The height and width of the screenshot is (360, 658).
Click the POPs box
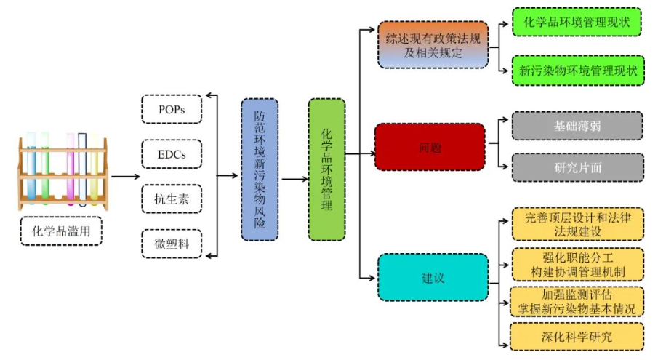tap(171, 109)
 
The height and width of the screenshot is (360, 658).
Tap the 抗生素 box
tap(171, 199)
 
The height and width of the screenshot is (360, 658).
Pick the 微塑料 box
tap(171, 244)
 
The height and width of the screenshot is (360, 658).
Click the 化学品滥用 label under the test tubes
tap(62, 231)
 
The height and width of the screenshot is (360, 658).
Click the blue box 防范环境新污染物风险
tap(260, 169)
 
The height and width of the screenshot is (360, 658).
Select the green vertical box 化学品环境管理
tap(326, 169)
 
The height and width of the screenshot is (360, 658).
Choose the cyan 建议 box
tap(433, 277)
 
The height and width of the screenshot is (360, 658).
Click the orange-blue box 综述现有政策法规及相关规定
tap(433, 44)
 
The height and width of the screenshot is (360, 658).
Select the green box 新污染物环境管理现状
tap(577, 71)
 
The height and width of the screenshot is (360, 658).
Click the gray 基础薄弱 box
tap(577, 126)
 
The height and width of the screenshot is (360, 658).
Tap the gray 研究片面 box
tap(577, 167)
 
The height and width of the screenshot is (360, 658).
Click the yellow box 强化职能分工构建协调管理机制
tap(577, 264)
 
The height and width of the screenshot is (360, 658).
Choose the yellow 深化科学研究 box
tap(577, 337)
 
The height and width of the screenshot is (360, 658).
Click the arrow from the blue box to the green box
tap(294, 178)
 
